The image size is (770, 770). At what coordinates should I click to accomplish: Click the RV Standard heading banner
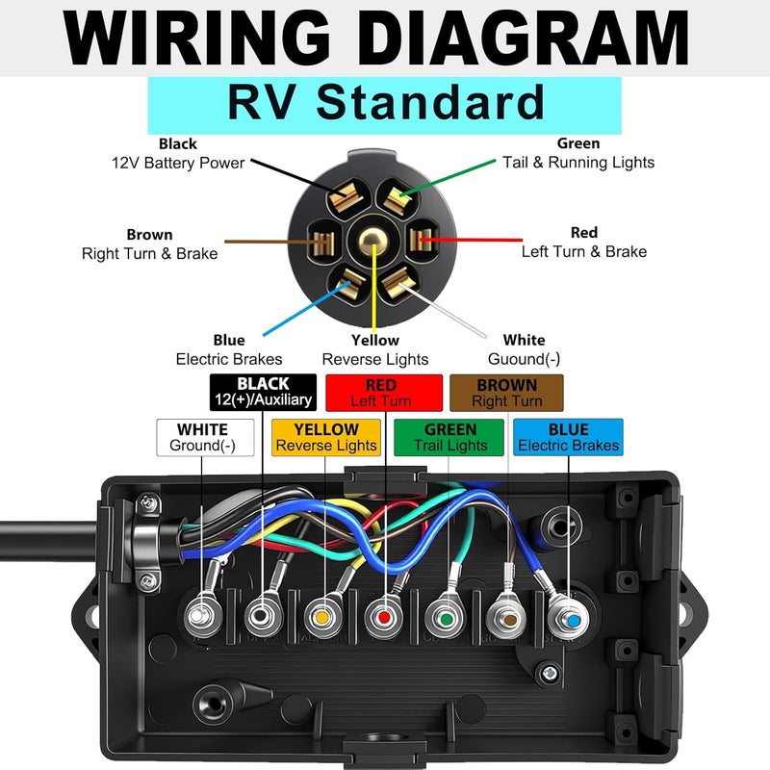pyautogui.click(x=384, y=103)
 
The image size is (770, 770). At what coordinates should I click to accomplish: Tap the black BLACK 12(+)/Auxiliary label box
pyautogui.click(x=263, y=392)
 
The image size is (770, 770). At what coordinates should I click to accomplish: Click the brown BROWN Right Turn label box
pyautogui.click(x=506, y=392)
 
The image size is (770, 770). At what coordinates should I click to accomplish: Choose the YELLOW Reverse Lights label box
pyautogui.click(x=326, y=437)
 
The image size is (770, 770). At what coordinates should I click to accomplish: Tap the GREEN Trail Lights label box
pyautogui.click(x=449, y=437)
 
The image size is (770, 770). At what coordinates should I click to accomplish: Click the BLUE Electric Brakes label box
pyautogui.click(x=568, y=437)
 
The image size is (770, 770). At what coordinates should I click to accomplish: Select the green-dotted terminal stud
pyautogui.click(x=446, y=615)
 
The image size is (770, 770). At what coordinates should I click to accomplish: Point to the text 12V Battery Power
pyautogui.click(x=178, y=163)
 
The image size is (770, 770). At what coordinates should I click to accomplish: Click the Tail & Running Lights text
pyautogui.click(x=577, y=163)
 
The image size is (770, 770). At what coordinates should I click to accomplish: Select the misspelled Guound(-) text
pyautogui.click(x=524, y=359)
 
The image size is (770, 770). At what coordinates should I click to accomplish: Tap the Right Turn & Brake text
pyautogui.click(x=149, y=254)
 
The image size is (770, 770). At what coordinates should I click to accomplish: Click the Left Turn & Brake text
pyautogui.click(x=583, y=251)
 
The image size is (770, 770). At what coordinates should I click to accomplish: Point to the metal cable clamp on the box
pyautogui.click(x=144, y=544)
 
